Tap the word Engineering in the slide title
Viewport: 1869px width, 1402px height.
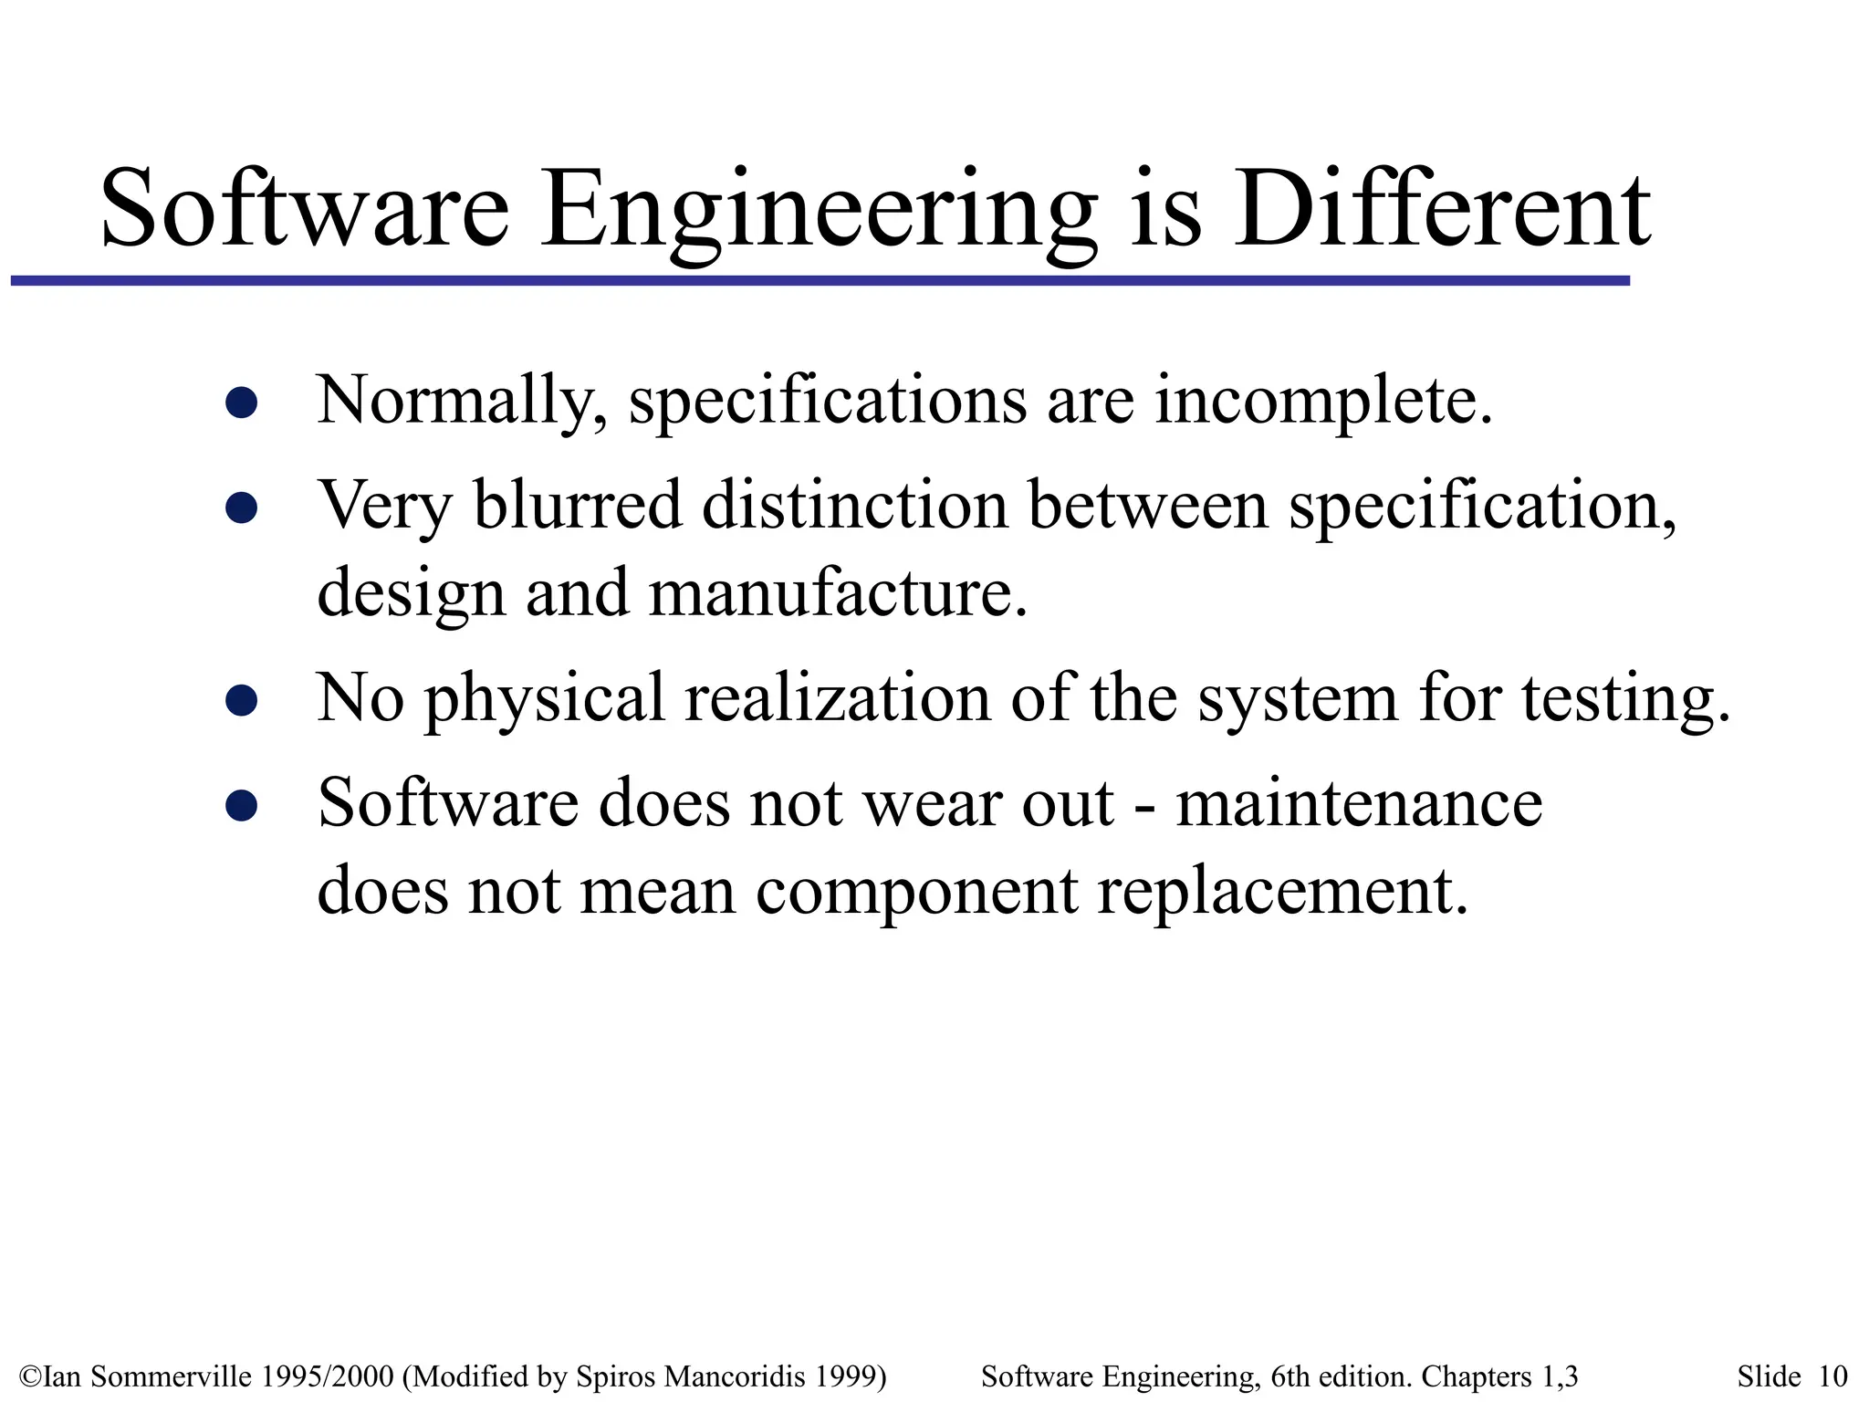point(819,212)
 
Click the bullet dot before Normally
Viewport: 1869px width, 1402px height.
point(241,403)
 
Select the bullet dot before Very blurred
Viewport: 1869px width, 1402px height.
point(241,507)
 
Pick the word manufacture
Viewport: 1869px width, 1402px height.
point(837,593)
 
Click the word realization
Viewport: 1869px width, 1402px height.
point(837,698)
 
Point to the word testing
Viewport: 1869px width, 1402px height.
point(1624,700)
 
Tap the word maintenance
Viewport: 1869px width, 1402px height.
point(1359,804)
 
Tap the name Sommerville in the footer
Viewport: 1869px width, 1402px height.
point(172,1376)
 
